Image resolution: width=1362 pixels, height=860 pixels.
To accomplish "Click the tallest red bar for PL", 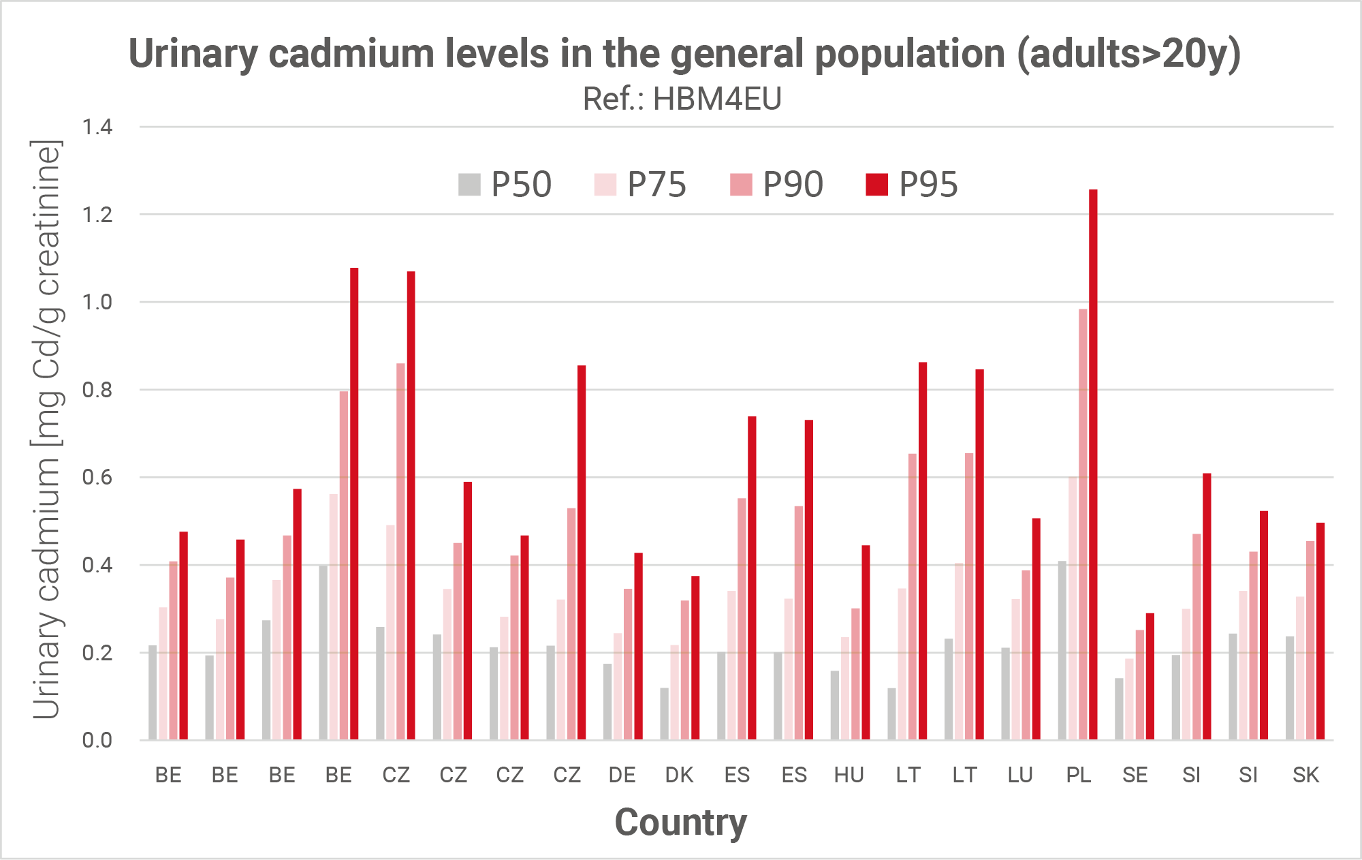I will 1093,463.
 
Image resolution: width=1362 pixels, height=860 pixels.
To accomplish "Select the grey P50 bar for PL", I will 1062,651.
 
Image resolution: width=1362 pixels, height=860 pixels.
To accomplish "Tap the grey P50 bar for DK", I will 664,713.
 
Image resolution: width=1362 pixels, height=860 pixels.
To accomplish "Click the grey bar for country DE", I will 607,701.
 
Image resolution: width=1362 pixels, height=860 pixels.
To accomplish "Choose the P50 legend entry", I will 505,185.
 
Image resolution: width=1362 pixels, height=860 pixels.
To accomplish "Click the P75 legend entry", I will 641,185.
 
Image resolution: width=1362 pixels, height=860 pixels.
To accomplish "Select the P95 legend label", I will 928,185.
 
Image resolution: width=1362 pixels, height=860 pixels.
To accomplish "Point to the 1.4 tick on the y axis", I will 97,127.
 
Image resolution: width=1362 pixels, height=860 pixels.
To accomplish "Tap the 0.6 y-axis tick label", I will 97,477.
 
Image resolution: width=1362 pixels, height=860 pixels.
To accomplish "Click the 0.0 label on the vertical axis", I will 97,740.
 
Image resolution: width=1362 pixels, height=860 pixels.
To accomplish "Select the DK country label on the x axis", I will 679,775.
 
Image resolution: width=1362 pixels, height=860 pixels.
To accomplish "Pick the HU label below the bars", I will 849,775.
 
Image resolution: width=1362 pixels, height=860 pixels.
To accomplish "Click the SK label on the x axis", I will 1305,775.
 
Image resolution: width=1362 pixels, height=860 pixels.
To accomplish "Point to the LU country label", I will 1020,775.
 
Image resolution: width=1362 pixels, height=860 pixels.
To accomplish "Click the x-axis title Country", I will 680,823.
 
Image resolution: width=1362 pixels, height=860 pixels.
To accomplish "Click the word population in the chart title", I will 910,54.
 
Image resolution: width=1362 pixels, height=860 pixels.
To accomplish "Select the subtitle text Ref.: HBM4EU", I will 682,99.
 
